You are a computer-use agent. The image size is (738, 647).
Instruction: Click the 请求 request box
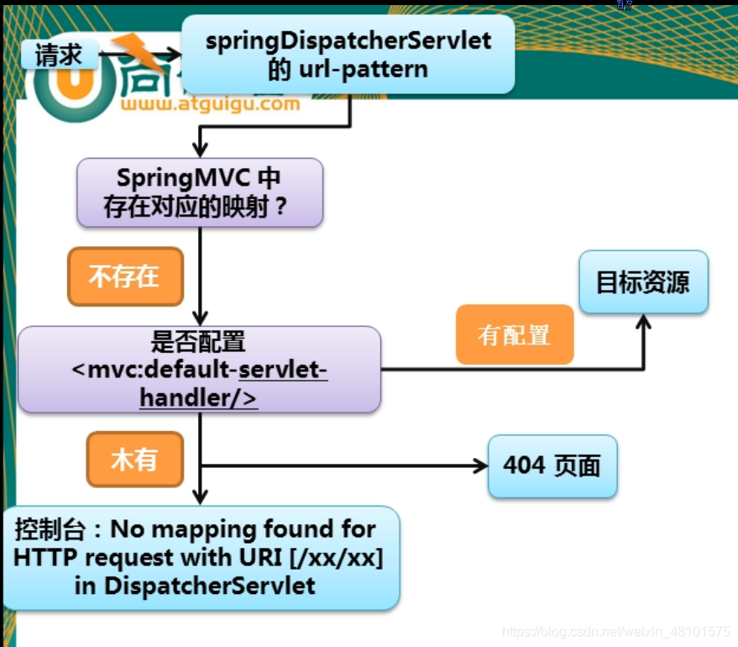(60, 55)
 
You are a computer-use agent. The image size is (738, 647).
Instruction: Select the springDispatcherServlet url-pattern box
(348, 54)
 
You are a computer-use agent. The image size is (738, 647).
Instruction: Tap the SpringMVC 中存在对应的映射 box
(200, 192)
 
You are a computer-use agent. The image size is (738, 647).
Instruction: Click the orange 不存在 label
(124, 276)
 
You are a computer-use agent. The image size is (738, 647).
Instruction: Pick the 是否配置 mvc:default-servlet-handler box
(199, 370)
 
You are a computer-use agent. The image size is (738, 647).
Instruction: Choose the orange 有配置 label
(514, 334)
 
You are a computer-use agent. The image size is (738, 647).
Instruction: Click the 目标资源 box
(643, 281)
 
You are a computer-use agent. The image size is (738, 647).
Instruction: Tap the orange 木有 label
(134, 460)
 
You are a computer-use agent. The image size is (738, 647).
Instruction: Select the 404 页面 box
(552, 466)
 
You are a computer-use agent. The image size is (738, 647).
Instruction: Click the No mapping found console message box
(200, 557)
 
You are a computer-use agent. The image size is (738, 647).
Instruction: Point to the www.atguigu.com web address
(210, 105)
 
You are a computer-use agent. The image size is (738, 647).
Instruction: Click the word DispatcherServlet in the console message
(209, 586)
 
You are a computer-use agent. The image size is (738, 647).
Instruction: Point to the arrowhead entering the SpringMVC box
(201, 150)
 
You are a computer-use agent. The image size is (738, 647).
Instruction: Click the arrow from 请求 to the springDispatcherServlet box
(138, 55)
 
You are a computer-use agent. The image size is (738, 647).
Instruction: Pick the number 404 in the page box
(525, 466)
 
